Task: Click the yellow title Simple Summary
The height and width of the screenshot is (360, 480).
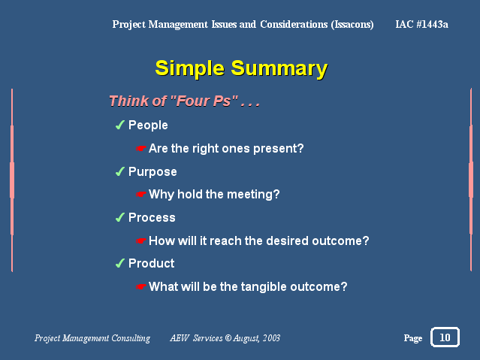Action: (x=241, y=68)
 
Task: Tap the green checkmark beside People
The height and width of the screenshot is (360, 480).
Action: (x=119, y=125)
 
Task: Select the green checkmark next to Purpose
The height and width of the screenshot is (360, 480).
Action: (x=119, y=171)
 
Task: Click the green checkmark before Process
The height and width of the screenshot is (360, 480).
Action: (x=119, y=217)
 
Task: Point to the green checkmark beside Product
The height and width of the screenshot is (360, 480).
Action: (x=119, y=263)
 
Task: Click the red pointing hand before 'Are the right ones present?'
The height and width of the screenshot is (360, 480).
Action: (x=140, y=149)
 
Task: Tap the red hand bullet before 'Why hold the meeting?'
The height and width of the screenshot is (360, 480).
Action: (x=140, y=194)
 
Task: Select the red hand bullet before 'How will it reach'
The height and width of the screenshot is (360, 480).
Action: (x=140, y=241)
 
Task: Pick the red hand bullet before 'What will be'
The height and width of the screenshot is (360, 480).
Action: (x=140, y=287)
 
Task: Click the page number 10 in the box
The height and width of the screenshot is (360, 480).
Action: (x=445, y=337)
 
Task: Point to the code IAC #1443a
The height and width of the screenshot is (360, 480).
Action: (x=422, y=24)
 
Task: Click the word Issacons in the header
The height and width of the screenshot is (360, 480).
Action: (x=352, y=25)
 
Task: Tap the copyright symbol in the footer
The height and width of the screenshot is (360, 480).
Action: (x=228, y=337)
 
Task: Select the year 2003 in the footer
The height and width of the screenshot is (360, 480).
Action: (x=271, y=337)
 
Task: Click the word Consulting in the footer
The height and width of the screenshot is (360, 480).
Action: (x=131, y=338)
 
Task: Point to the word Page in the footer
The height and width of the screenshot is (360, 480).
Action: (x=413, y=338)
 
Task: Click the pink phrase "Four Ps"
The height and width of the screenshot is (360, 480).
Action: (x=204, y=101)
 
